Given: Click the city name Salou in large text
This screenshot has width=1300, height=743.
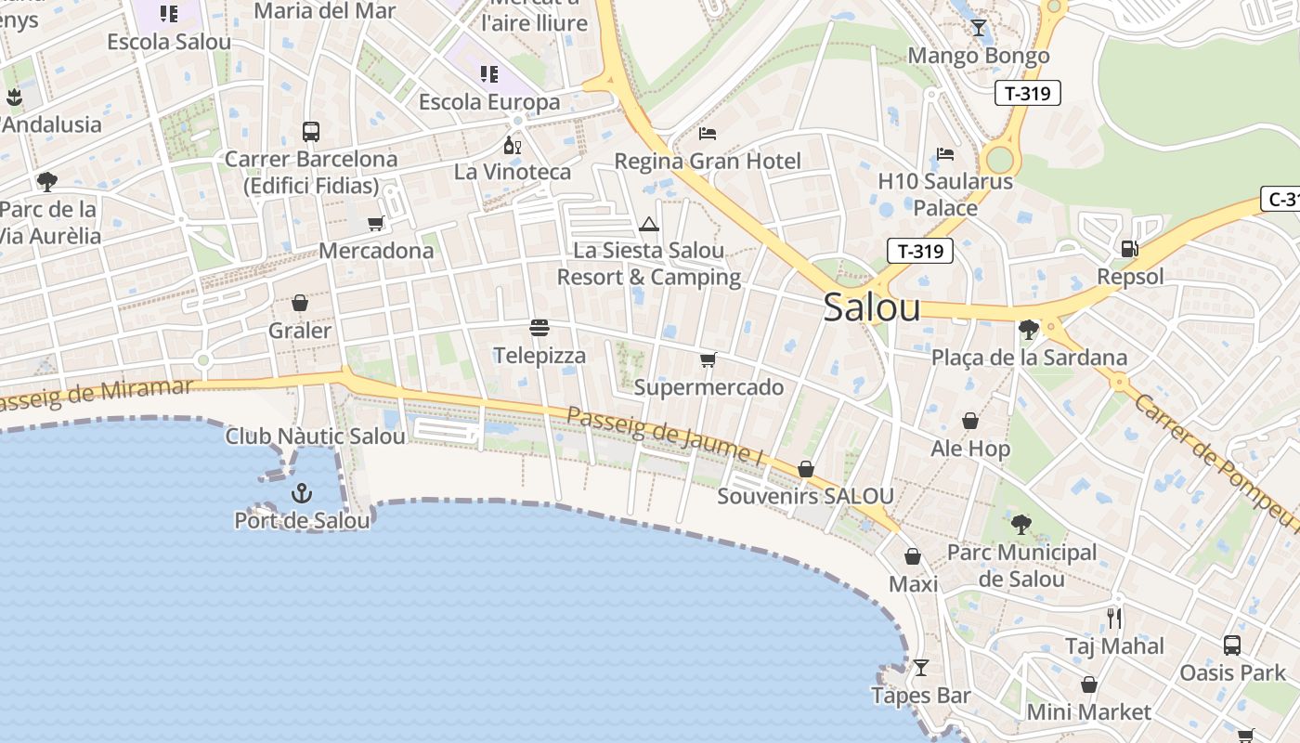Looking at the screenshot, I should point(871,307).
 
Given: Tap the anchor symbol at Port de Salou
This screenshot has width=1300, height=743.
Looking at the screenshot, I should point(301,492).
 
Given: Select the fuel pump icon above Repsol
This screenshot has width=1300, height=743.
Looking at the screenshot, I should point(1129,248).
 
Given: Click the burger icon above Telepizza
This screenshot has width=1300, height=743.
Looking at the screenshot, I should point(539,327).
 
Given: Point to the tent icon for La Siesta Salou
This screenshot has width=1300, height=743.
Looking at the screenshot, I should point(648,223).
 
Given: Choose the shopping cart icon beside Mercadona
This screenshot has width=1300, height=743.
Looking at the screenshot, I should point(375,223).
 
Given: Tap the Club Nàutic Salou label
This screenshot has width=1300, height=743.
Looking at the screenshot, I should point(316,436).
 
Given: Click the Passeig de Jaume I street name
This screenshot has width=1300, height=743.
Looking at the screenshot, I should point(664,434).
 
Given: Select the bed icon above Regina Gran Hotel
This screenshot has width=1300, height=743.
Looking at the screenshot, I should point(707,134).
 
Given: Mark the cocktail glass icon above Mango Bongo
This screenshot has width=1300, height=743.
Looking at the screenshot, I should point(978,28).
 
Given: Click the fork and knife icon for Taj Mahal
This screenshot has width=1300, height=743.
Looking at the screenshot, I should point(1114,618).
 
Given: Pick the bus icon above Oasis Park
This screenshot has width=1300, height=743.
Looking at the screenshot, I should point(1231,645).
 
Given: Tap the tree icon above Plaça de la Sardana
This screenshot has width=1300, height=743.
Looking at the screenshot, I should point(1028,329).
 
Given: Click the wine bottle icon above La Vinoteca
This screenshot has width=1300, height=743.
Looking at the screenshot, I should point(512,145).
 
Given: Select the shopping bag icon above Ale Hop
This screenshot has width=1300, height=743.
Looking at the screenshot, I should point(969,421).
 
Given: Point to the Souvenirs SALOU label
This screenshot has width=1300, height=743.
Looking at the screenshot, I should point(805,496).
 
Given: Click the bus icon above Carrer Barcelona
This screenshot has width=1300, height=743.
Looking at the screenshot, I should point(311,132).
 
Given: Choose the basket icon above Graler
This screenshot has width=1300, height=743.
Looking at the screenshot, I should point(300,303).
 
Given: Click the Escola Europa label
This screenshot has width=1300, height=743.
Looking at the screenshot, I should point(489,101).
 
